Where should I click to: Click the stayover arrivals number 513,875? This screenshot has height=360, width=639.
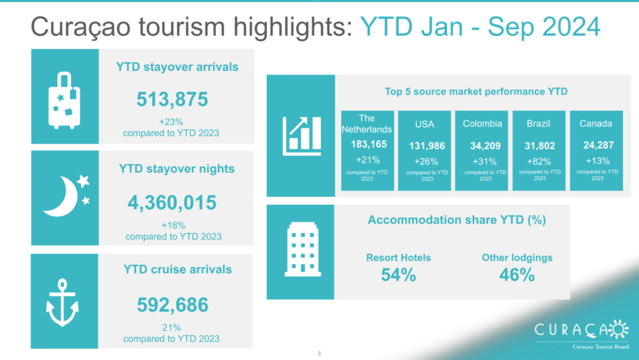(x=172, y=100)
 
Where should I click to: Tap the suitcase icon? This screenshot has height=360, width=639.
(x=64, y=100)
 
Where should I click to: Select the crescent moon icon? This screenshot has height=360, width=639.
(x=61, y=196)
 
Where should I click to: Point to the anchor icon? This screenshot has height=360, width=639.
(x=62, y=303)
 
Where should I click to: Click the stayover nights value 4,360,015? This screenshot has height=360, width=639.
(x=172, y=203)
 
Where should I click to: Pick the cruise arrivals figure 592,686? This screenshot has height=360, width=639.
(x=172, y=305)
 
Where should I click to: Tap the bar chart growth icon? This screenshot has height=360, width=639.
(x=301, y=136)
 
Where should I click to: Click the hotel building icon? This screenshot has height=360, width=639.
(x=303, y=250)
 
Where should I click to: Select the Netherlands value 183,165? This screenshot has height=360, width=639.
(x=369, y=144)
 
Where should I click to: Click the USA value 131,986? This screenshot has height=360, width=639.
(x=426, y=146)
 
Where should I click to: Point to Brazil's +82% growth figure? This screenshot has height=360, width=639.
(x=539, y=162)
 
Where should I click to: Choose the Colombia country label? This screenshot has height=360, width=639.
(x=482, y=123)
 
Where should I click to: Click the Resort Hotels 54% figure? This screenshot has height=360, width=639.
(x=398, y=275)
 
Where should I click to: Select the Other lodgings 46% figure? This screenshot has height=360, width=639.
(x=516, y=275)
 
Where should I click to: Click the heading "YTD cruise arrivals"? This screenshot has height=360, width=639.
(x=177, y=269)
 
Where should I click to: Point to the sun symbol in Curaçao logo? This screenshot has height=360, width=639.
(x=619, y=329)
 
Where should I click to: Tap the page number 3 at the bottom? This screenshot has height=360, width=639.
(x=319, y=353)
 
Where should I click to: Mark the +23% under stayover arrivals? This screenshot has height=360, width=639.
(x=171, y=122)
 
